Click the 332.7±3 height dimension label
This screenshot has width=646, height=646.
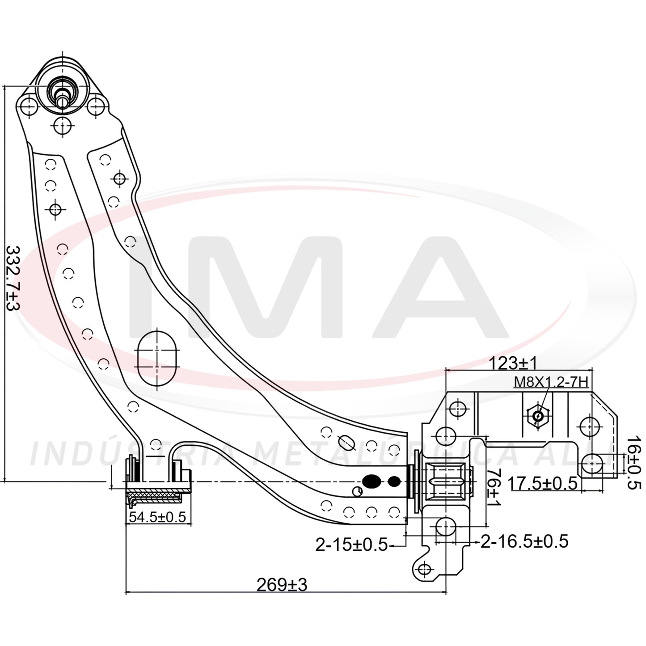click(14, 278)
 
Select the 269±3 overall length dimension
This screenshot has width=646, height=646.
click(282, 585)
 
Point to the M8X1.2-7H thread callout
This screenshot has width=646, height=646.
click(551, 382)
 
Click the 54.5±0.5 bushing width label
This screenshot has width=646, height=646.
click(157, 517)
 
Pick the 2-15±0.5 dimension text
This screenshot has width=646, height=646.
click(351, 545)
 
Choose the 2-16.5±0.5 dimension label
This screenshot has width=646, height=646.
click(525, 541)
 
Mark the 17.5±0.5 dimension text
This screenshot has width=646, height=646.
click(543, 483)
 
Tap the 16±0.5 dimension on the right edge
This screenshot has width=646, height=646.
click(633, 463)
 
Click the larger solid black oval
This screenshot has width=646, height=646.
click(371, 481)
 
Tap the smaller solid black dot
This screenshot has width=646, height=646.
click(394, 481)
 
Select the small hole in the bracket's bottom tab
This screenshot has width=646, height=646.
click(425, 569)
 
